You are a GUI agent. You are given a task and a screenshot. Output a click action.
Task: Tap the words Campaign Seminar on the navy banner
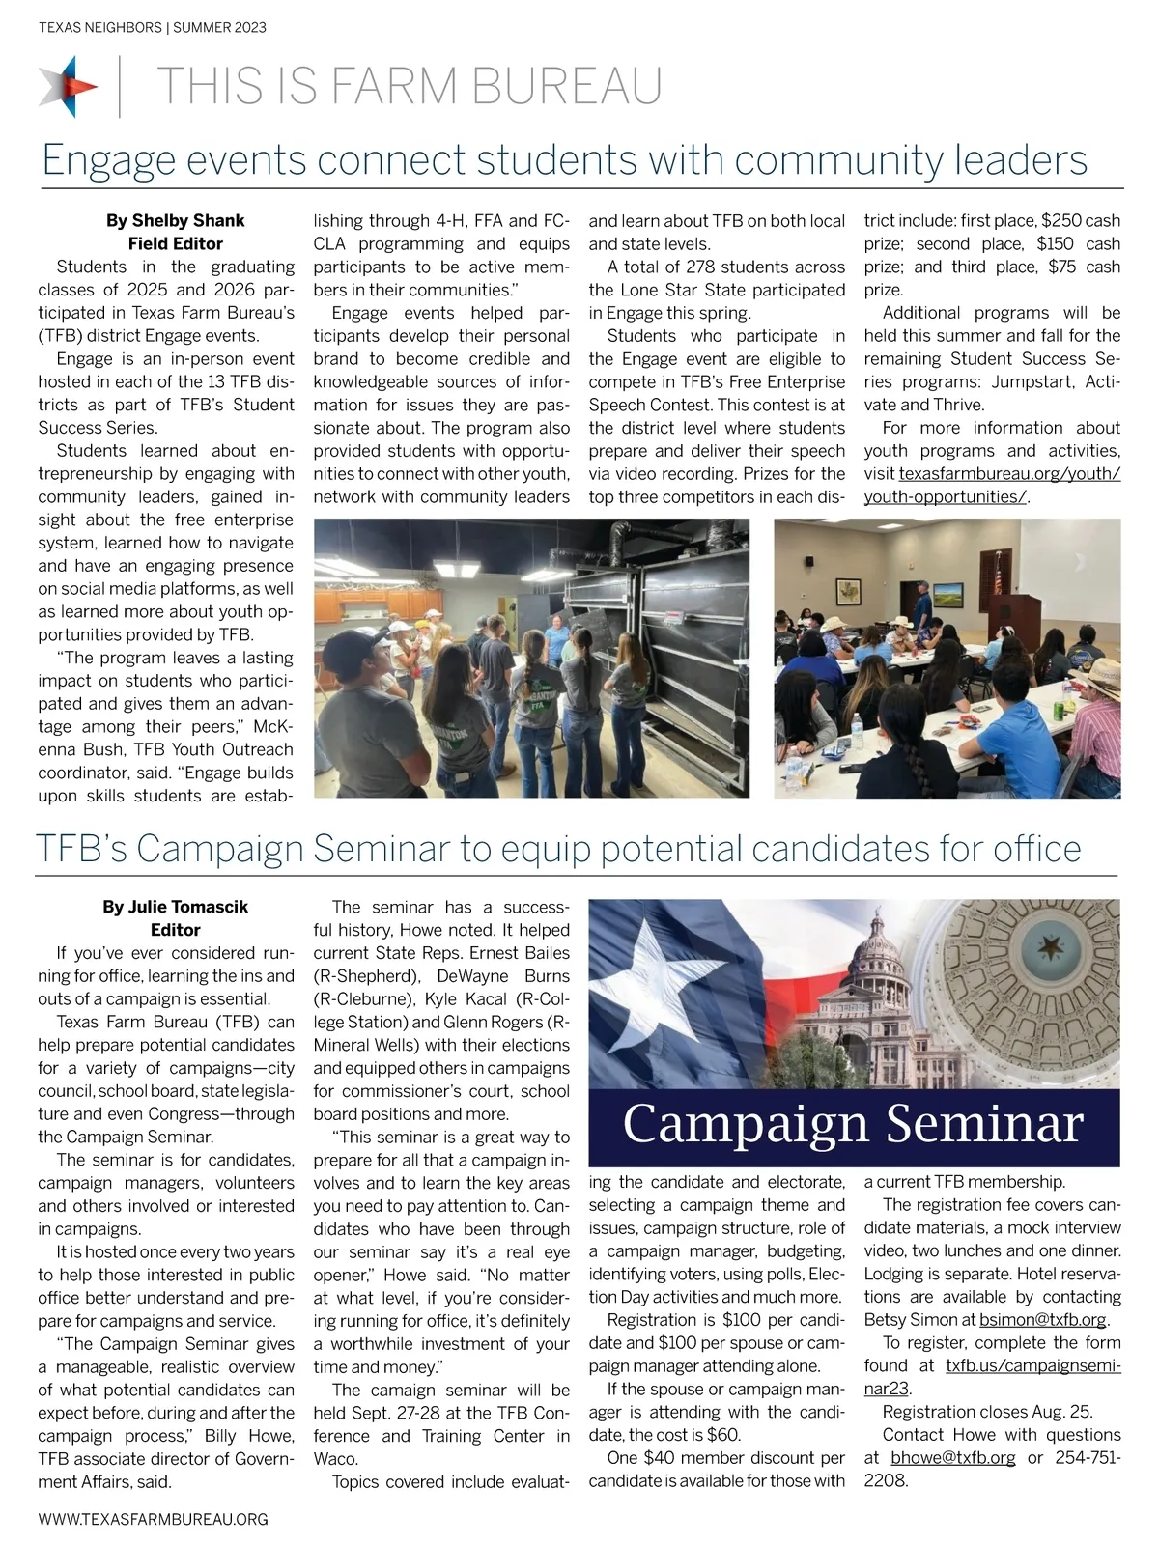(854, 1124)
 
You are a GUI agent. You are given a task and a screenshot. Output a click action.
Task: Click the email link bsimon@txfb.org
(1043, 1320)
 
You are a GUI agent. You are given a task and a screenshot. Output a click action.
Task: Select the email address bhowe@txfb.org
(952, 1458)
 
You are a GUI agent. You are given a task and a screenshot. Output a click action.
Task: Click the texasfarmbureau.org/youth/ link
(1009, 474)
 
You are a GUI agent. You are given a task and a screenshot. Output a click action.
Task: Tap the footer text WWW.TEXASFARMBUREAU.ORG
(154, 1519)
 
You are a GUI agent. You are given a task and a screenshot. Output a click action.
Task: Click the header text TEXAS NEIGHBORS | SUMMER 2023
(153, 28)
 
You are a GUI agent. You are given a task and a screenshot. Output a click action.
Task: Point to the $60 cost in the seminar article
(722, 1435)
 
